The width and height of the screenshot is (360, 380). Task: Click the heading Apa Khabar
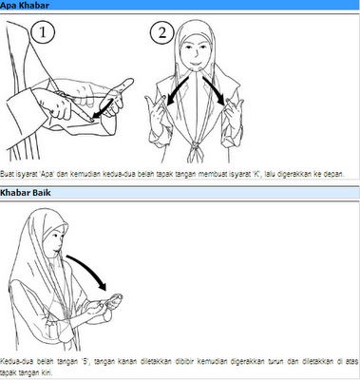(x=25, y=5)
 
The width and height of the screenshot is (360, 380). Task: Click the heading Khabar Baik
(x=26, y=193)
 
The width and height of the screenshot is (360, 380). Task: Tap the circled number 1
(x=43, y=32)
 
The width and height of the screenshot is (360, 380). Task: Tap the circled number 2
(x=161, y=32)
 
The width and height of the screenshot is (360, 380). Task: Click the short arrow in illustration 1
(x=103, y=110)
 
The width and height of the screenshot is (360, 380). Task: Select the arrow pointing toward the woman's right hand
(x=178, y=89)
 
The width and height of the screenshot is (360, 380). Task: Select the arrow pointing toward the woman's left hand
(x=215, y=89)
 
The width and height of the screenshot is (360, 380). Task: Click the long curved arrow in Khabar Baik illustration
(x=90, y=270)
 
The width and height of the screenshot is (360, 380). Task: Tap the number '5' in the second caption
(x=85, y=361)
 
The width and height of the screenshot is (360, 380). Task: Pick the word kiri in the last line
(x=47, y=371)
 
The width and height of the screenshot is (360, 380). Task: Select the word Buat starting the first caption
(x=7, y=174)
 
